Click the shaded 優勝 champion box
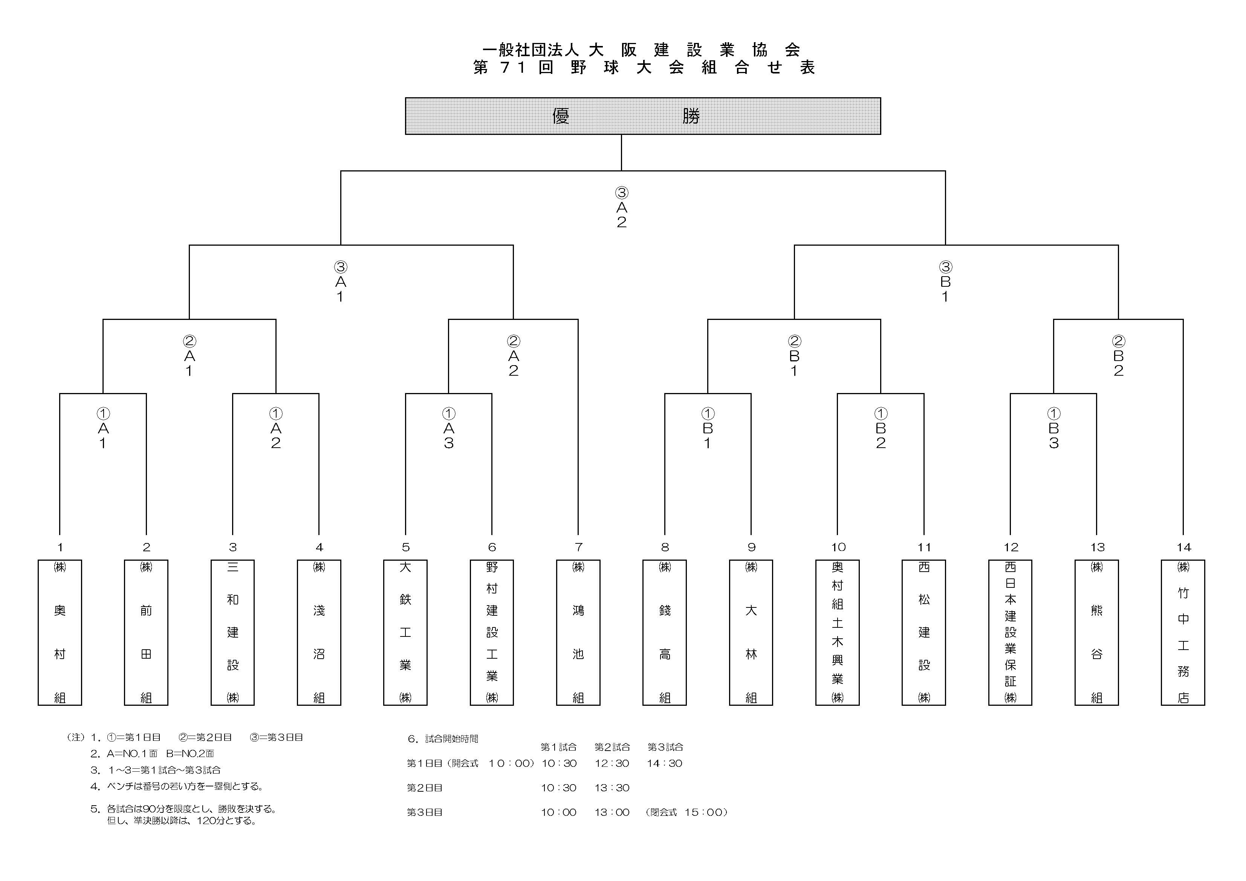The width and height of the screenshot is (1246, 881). [x=642, y=116]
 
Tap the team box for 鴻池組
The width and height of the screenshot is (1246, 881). [x=578, y=632]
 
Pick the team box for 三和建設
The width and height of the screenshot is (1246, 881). [x=232, y=632]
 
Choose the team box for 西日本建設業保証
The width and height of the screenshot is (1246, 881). [x=1010, y=632]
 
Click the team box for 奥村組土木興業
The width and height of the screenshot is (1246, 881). [x=837, y=632]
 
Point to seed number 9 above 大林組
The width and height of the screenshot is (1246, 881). [x=751, y=547]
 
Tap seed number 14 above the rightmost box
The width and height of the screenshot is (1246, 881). [x=1183, y=547]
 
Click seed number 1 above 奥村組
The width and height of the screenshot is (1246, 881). [x=60, y=547]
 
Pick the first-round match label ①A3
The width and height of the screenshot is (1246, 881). [x=448, y=428]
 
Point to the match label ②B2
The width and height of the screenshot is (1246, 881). [x=1118, y=356]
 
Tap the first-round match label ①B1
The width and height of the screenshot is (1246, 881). [x=707, y=428]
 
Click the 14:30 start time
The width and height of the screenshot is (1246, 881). [x=664, y=763]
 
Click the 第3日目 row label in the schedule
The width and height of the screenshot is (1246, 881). [x=424, y=812]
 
